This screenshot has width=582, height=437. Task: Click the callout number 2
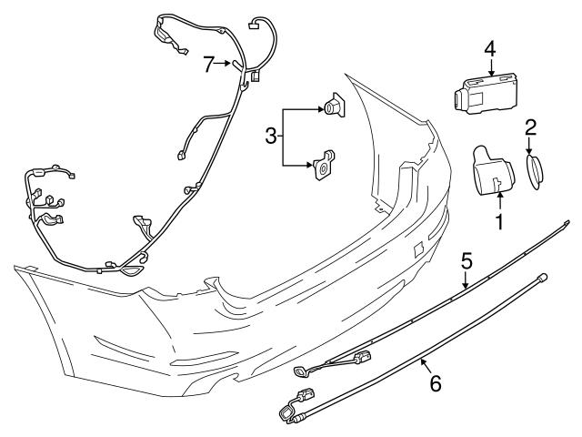coord(531,127)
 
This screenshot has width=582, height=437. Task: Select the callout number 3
coord(270,137)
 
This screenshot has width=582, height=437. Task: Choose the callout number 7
coord(208,63)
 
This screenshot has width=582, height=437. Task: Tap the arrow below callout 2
coord(531,147)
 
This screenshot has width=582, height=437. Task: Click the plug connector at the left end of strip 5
coord(301,371)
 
